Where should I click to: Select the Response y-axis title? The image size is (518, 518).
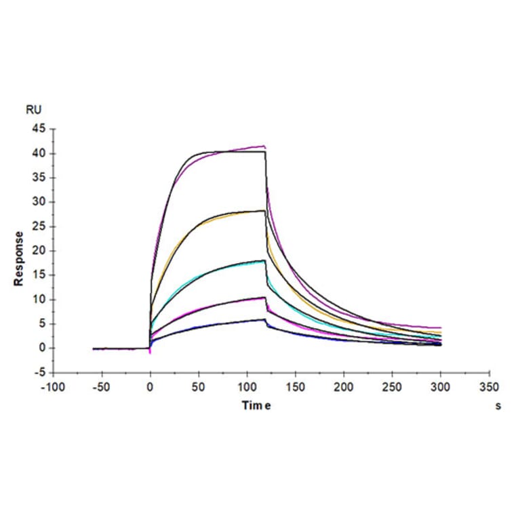click(20, 258)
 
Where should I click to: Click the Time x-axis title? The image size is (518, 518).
click(258, 405)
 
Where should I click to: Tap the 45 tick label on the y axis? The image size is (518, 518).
click(39, 129)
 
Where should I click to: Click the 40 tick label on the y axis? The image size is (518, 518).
click(39, 153)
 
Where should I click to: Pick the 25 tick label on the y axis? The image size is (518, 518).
click(39, 226)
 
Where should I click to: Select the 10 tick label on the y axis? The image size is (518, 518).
click(39, 300)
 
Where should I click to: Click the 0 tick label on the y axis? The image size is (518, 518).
click(42, 348)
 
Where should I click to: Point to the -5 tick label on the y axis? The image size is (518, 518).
click(40, 373)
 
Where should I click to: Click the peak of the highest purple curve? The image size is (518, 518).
click(263, 146)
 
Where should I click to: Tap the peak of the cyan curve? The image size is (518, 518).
click(262, 260)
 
